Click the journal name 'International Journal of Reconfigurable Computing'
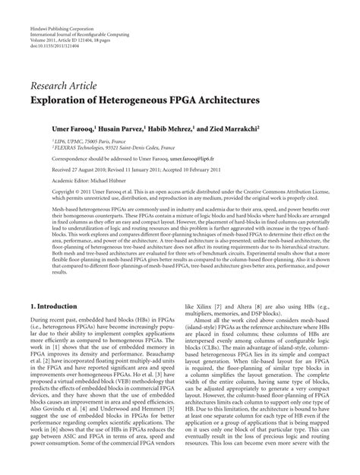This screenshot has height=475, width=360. click(80, 14)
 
